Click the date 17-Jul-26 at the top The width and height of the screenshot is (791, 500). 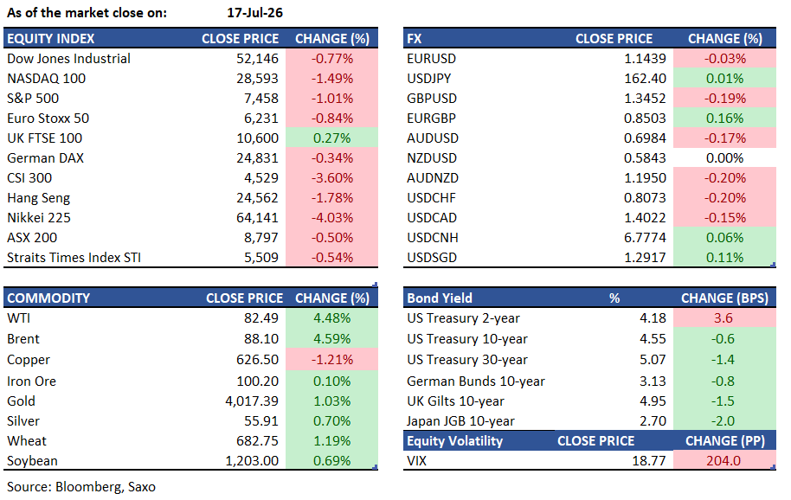254,13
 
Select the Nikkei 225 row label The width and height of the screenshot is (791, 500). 39,218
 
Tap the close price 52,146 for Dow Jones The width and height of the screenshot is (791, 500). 257,59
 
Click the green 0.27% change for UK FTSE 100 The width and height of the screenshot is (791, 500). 332,138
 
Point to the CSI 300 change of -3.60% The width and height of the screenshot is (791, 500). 332,178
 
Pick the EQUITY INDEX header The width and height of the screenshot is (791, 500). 50,39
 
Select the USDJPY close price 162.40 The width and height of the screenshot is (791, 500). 646,79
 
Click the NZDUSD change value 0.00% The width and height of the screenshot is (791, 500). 725,158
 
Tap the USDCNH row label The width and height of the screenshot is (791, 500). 433,238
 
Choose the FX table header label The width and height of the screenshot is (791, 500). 415,39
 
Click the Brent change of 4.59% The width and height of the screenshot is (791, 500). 332,339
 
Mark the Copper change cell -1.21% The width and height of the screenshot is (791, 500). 332,360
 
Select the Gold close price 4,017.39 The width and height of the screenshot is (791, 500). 252,401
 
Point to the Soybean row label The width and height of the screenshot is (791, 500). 32,461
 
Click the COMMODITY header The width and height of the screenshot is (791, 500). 48,298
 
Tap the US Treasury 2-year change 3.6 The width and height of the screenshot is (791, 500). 723,318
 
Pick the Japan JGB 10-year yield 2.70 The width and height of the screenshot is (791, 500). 653,421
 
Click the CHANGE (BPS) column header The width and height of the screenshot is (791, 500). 725,298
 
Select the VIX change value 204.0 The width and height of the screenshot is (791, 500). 723,461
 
